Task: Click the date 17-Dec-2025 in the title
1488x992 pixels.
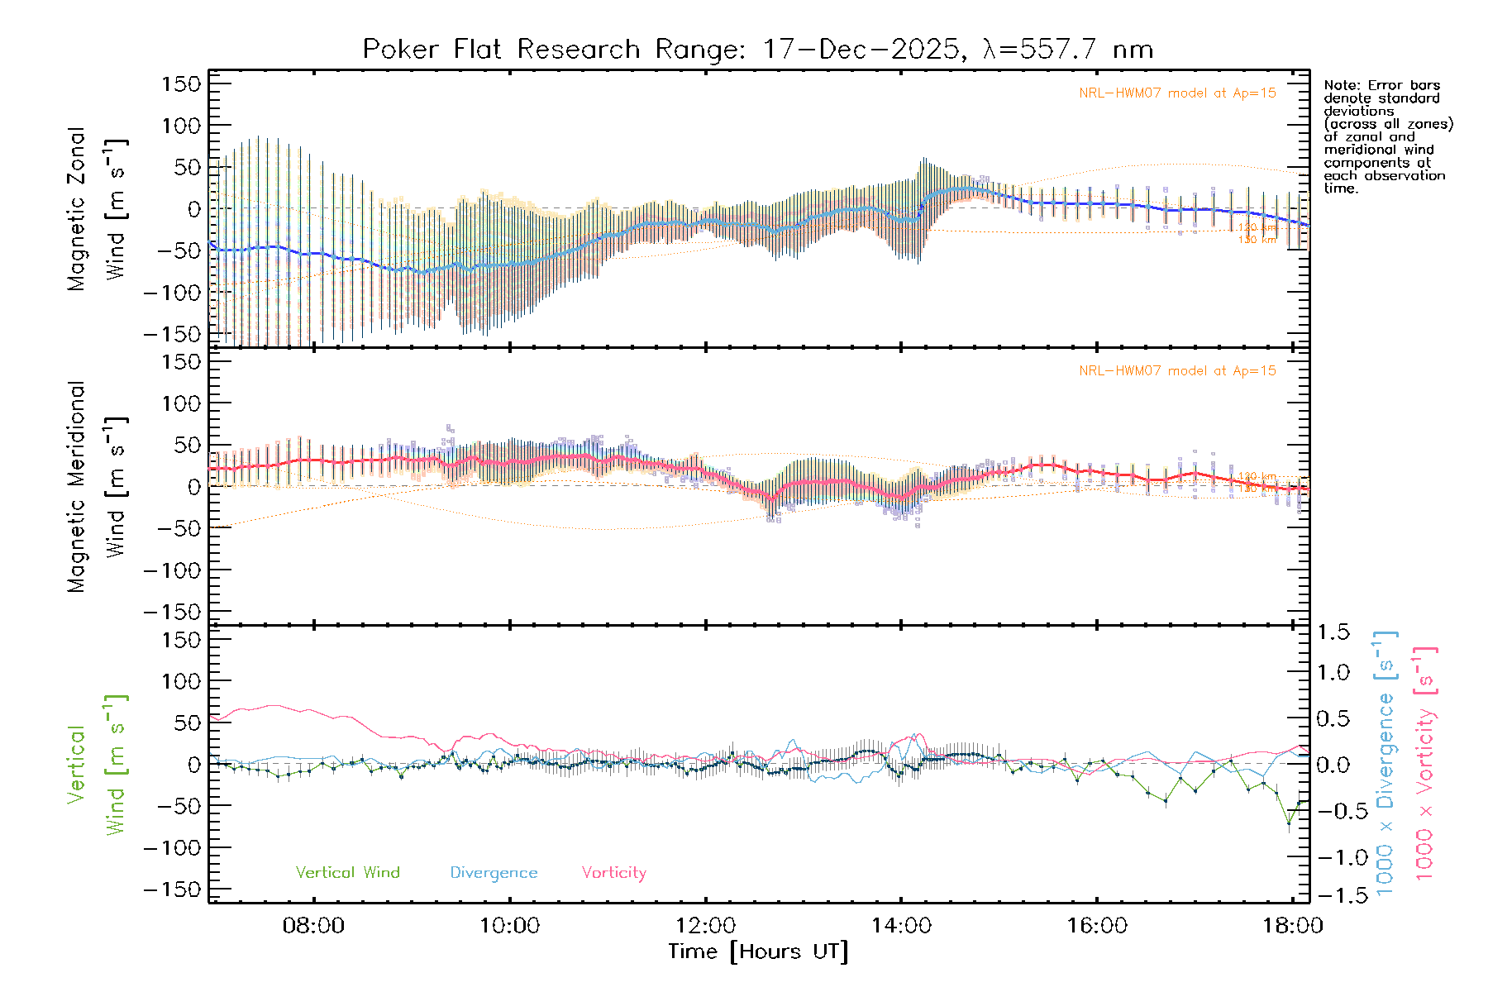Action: click(861, 50)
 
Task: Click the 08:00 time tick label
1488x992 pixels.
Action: click(313, 926)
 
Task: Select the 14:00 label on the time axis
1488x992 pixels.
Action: click(901, 926)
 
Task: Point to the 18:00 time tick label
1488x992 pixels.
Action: click(1292, 926)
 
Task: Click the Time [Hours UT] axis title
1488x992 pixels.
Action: click(758, 952)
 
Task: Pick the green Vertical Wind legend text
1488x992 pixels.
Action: click(347, 873)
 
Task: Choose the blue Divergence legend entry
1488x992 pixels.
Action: click(494, 873)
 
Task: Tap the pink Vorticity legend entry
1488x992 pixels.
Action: click(613, 873)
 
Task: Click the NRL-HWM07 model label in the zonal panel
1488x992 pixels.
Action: click(1177, 93)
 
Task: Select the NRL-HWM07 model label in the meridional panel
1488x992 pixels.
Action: click(1177, 371)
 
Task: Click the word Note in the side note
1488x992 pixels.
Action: click(1339, 85)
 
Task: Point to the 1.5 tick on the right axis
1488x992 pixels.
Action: click(1333, 632)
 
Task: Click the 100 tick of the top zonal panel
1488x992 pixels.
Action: click(181, 126)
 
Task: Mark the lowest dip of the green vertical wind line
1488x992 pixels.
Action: click(1289, 823)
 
